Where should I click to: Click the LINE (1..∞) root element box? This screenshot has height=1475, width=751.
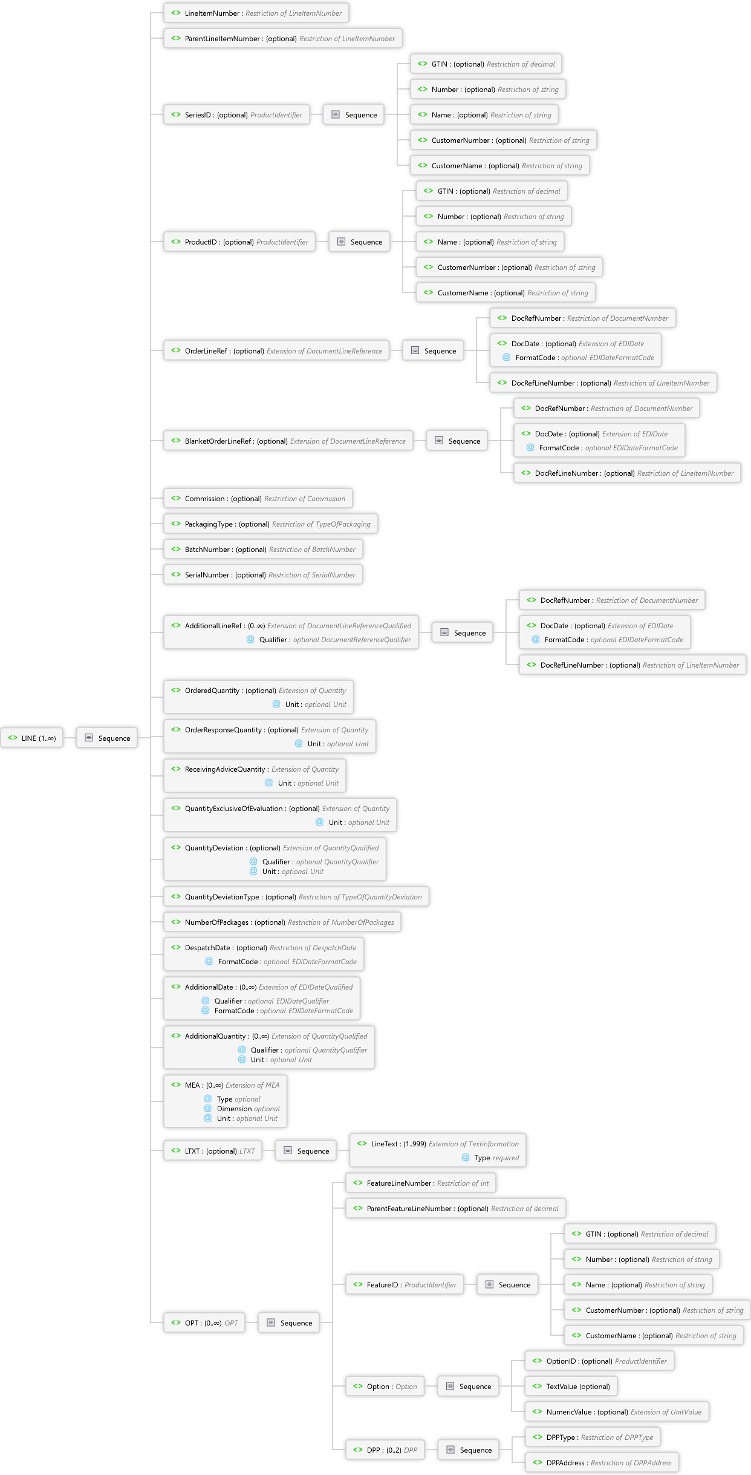[x=32, y=738]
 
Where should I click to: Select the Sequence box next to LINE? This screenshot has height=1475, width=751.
[x=107, y=738]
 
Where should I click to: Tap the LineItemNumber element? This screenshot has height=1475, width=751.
[x=256, y=13]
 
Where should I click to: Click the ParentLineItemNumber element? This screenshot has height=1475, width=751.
[x=282, y=39]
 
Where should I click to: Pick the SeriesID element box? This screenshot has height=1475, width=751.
[x=236, y=115]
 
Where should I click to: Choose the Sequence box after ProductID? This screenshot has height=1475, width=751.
[x=359, y=242]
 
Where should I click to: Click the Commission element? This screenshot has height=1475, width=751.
[x=258, y=499]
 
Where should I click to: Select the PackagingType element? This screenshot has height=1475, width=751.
[x=270, y=524]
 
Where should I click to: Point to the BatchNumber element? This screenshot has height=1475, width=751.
[x=263, y=550]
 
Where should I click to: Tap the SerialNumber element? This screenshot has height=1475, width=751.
[x=263, y=575]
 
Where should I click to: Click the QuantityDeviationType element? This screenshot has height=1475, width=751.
[x=296, y=897]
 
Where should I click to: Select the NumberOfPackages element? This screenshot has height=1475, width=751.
[x=282, y=922]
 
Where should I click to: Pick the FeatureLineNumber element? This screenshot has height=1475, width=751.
[x=420, y=1183]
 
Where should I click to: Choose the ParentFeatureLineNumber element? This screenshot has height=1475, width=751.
[x=455, y=1209]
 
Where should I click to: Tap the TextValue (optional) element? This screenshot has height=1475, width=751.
[x=571, y=1387]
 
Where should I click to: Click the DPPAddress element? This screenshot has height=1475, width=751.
[x=602, y=1463]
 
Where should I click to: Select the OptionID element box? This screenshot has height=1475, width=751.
[x=599, y=1361]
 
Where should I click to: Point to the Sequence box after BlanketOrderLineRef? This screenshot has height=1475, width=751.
[x=457, y=441]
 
